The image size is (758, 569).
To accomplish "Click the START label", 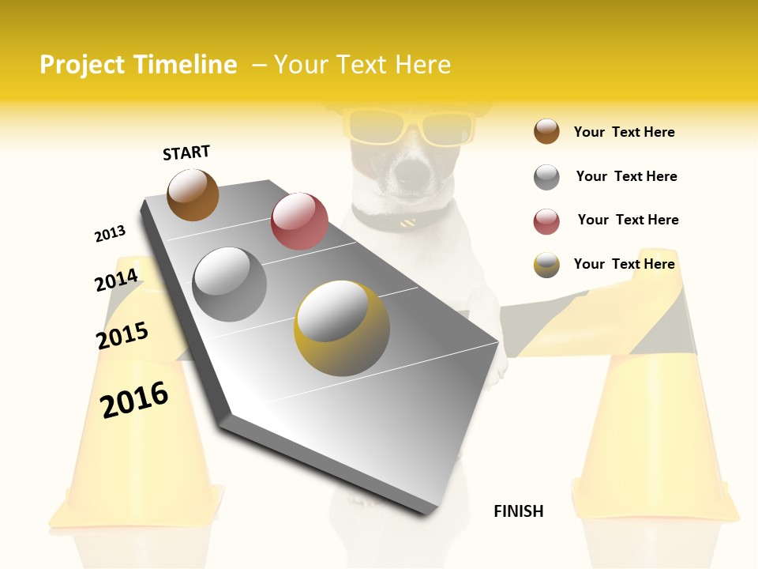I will pos(186,153).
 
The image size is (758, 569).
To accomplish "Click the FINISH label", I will pos(518,511).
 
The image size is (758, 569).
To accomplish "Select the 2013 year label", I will pos(110,233).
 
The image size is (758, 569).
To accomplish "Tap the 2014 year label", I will pos(116,281).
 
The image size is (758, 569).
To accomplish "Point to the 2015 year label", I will pos(122,336).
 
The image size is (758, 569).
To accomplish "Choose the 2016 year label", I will pos(134,399).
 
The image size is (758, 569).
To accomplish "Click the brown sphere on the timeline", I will pos(193,194).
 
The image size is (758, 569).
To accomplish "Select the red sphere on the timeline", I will pos(299,221).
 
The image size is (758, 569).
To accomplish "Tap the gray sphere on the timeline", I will pos(230,284).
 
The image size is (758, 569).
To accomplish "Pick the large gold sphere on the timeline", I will pos(342,328).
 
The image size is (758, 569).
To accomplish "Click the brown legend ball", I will pos(546,131).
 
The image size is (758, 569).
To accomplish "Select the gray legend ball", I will pos(546,176).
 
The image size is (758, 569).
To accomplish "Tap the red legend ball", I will pos(546,221).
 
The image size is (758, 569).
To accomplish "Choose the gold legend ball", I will pos(546,265).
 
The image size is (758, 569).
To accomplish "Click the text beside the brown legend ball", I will pos(624,132).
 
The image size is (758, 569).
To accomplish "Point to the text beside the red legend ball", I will pos(628,220).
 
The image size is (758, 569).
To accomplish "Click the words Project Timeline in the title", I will pos(138,65).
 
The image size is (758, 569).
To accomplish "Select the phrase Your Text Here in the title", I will pos(362,65).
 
